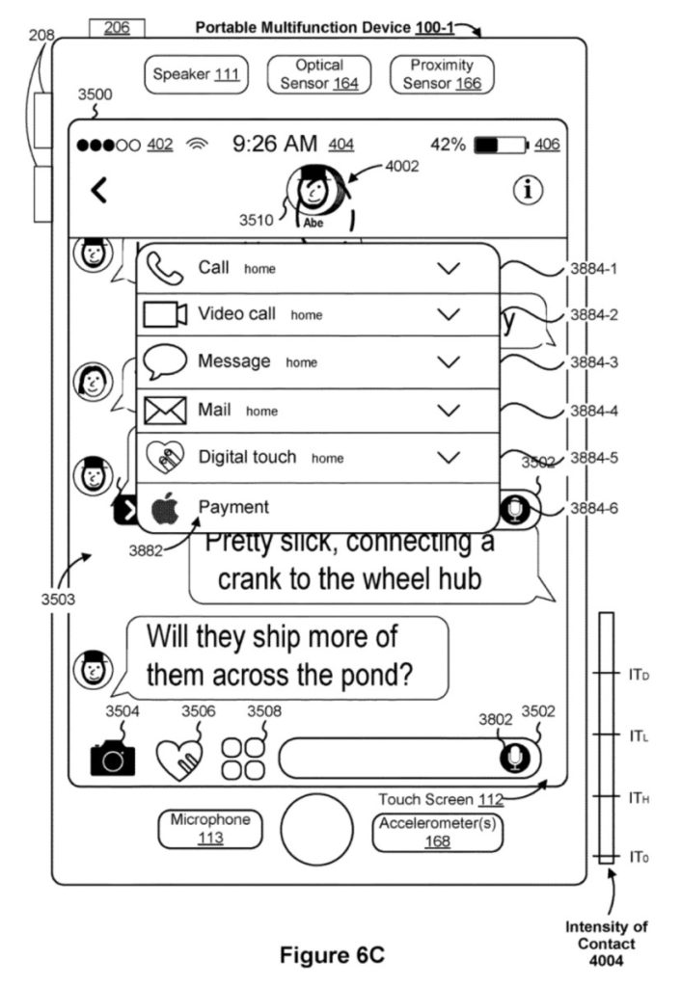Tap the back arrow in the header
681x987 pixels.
(98, 191)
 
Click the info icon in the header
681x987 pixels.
(527, 191)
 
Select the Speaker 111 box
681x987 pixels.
(196, 75)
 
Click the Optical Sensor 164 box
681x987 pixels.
(319, 74)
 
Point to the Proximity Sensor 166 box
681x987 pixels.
(442, 74)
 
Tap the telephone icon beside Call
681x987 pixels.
(164, 270)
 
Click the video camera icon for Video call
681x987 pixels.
(165, 315)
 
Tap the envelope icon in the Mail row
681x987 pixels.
(165, 411)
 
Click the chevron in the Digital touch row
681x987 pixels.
(449, 457)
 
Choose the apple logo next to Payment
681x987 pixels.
(165, 508)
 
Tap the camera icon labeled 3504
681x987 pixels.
(113, 759)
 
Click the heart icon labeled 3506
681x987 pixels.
(180, 759)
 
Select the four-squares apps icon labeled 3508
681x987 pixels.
(242, 759)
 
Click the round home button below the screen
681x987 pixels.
(316, 828)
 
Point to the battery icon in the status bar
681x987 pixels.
(501, 145)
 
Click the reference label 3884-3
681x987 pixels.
(593, 362)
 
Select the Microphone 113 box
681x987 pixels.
(210, 829)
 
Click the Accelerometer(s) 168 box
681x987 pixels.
(440, 832)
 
